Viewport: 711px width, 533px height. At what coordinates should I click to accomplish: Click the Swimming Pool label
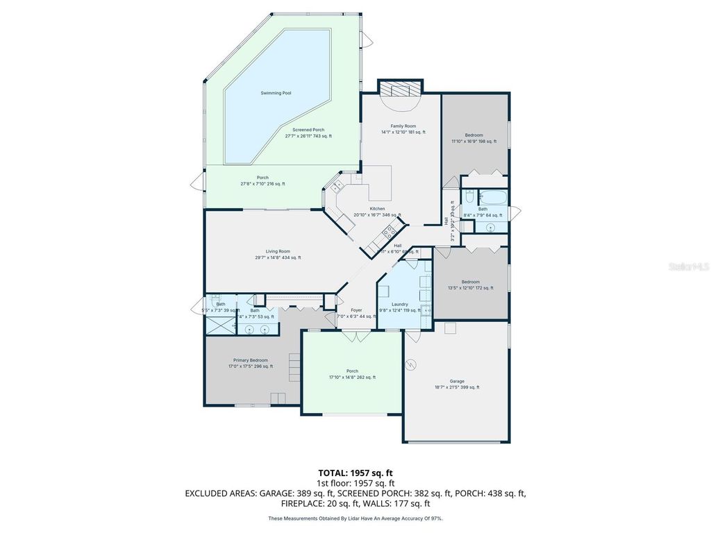[276, 93]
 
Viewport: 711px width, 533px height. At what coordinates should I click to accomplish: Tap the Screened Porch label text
[308, 130]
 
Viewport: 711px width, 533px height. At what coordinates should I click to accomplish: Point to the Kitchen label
[377, 209]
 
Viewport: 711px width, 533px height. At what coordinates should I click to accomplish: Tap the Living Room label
[278, 251]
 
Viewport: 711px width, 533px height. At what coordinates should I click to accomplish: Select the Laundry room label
[399, 304]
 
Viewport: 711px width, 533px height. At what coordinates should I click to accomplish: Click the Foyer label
[356, 310]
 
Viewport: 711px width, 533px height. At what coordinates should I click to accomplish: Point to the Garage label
[456, 381]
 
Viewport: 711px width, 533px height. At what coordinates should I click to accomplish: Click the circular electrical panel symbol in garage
[410, 363]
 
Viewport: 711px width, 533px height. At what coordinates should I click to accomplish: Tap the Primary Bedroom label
[250, 360]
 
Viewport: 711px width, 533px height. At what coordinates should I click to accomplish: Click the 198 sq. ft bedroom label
[474, 135]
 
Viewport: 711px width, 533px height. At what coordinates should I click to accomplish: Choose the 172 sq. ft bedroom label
[471, 282]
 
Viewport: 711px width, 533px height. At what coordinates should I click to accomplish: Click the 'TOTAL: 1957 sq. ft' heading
[355, 473]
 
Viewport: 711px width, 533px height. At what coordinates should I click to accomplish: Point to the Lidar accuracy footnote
[355, 518]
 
